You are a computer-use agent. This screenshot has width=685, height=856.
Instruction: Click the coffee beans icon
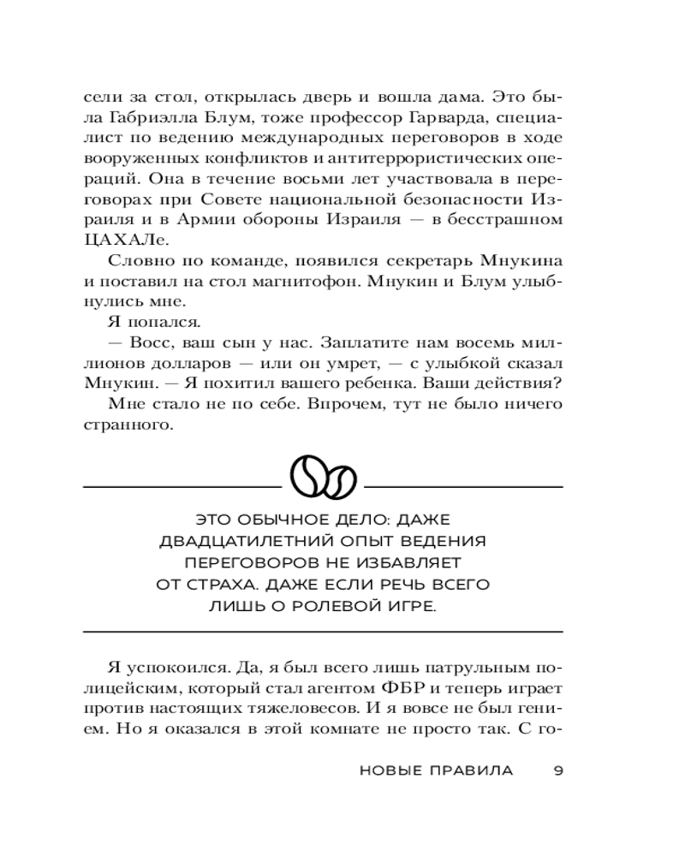(x=323, y=474)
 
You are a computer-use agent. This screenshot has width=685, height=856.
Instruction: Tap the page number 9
(x=557, y=770)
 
